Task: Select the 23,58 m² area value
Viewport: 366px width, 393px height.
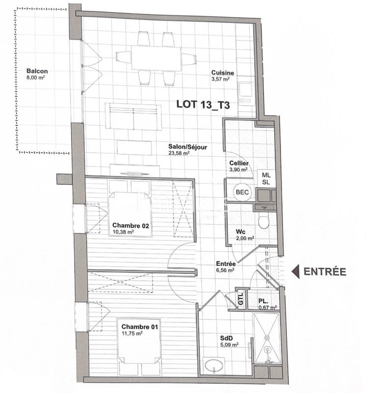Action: point(179,153)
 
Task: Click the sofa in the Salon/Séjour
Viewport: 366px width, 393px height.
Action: point(134,117)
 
